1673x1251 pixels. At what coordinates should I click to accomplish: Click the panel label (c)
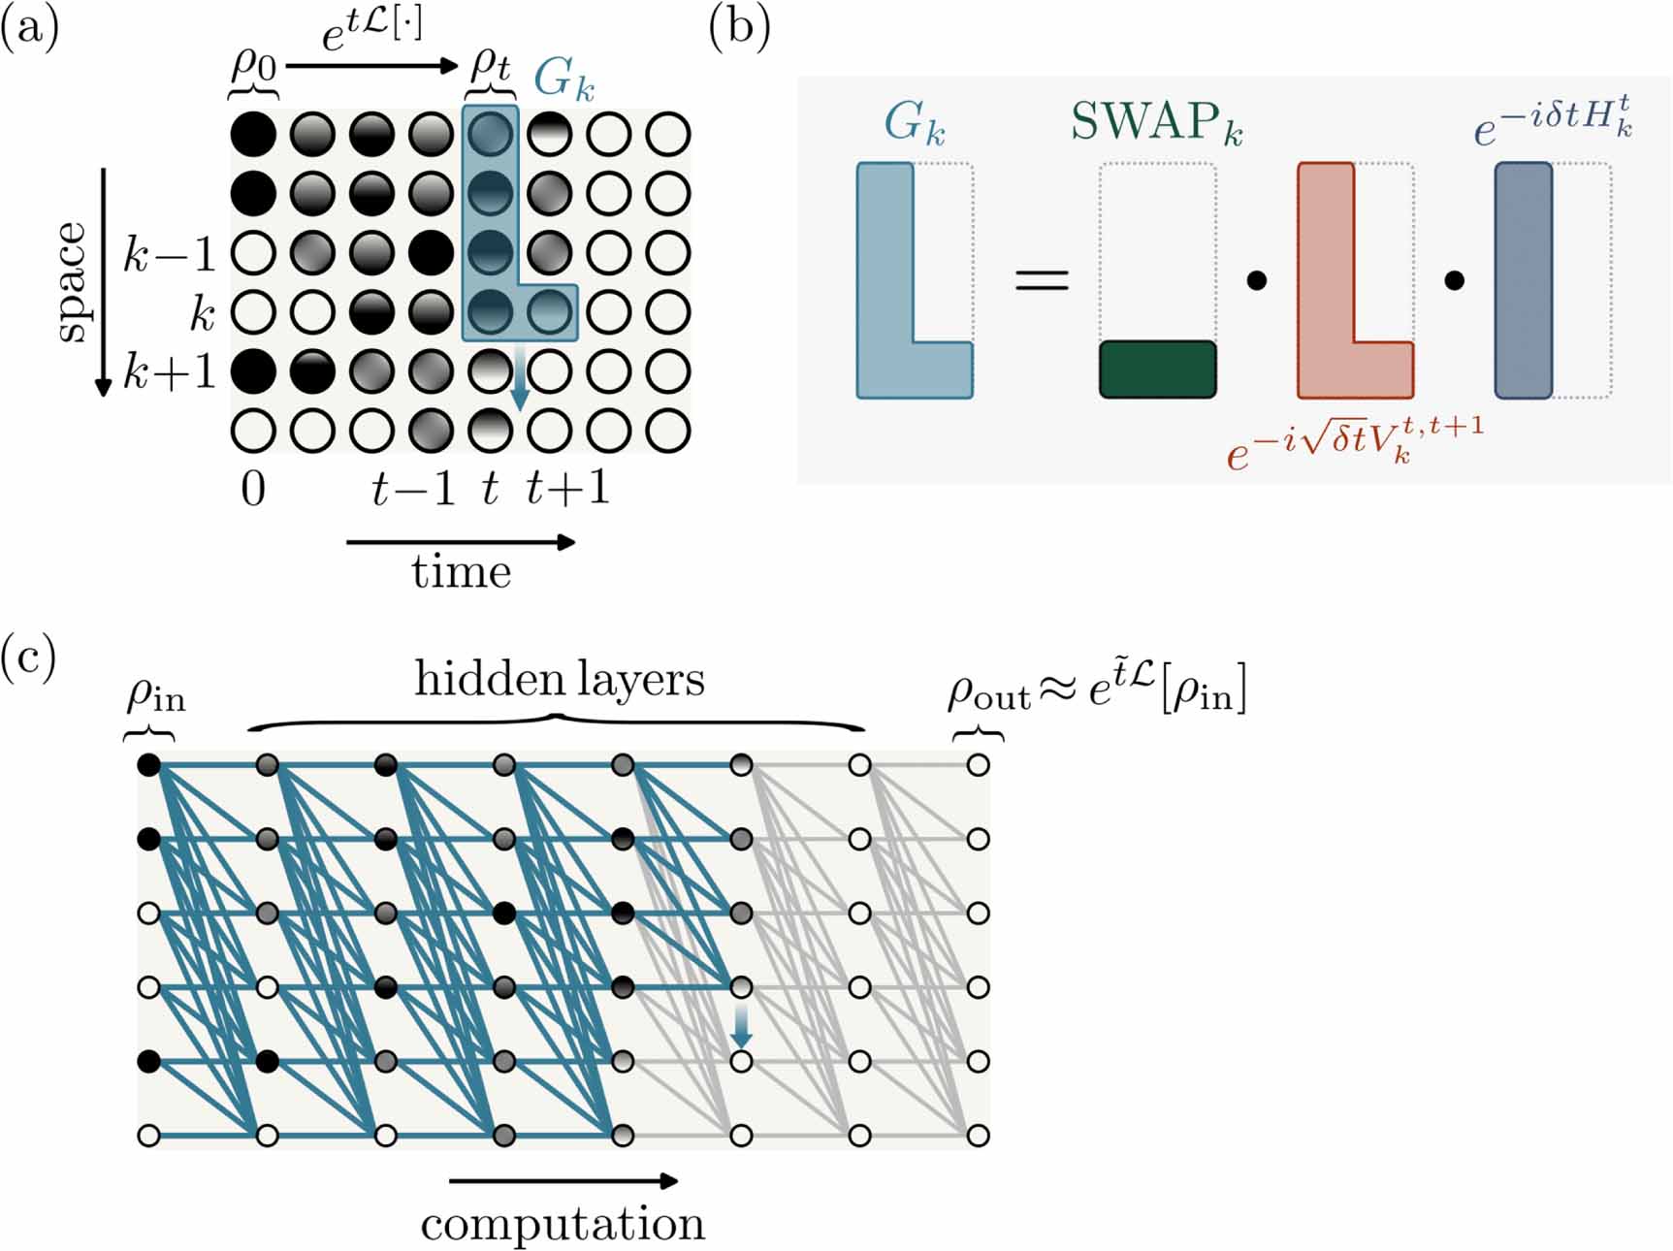pos(28,658)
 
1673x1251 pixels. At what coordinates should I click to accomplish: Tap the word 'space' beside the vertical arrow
pos(71,282)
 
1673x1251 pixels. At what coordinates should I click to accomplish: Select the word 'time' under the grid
pos(461,571)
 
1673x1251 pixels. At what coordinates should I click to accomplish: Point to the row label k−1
pos(169,254)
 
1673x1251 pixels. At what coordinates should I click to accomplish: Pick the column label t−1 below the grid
pos(413,488)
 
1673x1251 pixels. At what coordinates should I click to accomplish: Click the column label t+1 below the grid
pos(567,488)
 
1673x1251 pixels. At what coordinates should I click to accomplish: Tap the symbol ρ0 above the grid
pos(253,67)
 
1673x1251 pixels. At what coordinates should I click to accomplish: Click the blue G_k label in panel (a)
pos(563,78)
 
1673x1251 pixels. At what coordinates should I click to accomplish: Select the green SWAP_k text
pos(1156,124)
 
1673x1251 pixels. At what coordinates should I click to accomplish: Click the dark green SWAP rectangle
pos(1157,369)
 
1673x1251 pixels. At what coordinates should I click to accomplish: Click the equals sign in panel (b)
pos(1042,281)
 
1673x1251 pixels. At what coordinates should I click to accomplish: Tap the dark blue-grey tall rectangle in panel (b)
pos(1524,280)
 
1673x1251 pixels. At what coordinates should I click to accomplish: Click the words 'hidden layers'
pos(560,679)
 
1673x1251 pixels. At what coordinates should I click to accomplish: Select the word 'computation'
pos(563,1224)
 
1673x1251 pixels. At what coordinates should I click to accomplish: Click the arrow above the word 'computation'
pos(563,1180)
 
